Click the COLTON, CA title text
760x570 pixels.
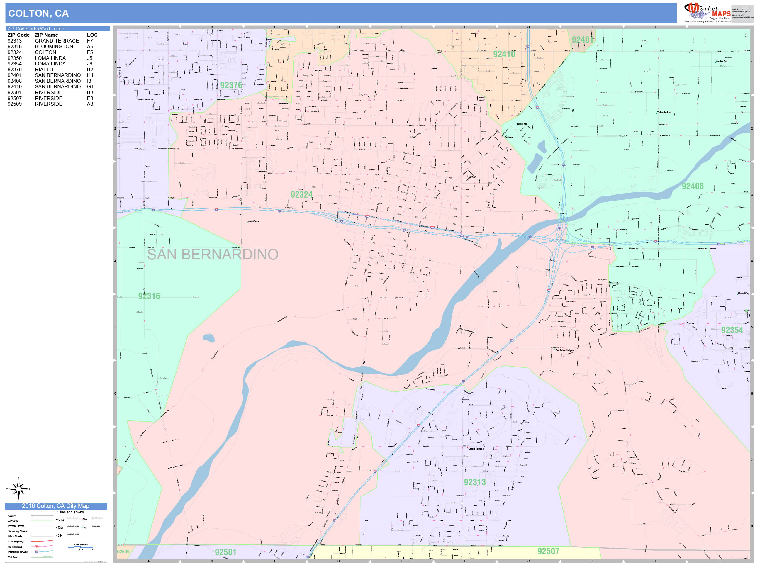point(38,13)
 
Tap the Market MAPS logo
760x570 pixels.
point(707,12)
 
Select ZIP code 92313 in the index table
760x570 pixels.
point(14,41)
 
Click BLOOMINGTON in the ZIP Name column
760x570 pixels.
point(54,46)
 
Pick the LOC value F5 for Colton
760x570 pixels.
point(90,52)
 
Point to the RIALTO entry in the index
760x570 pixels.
point(44,69)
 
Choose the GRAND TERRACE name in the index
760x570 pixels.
point(57,41)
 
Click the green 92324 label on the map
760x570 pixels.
point(301,195)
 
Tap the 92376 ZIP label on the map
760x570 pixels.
point(231,85)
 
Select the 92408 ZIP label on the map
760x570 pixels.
point(692,186)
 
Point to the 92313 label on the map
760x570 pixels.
point(474,482)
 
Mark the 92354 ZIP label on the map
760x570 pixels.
point(732,330)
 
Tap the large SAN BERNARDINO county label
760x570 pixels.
point(212,255)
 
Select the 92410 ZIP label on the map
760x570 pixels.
point(504,54)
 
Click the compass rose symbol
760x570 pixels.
point(18,488)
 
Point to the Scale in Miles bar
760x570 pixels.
point(80,547)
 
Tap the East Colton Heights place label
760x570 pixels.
point(564,350)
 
